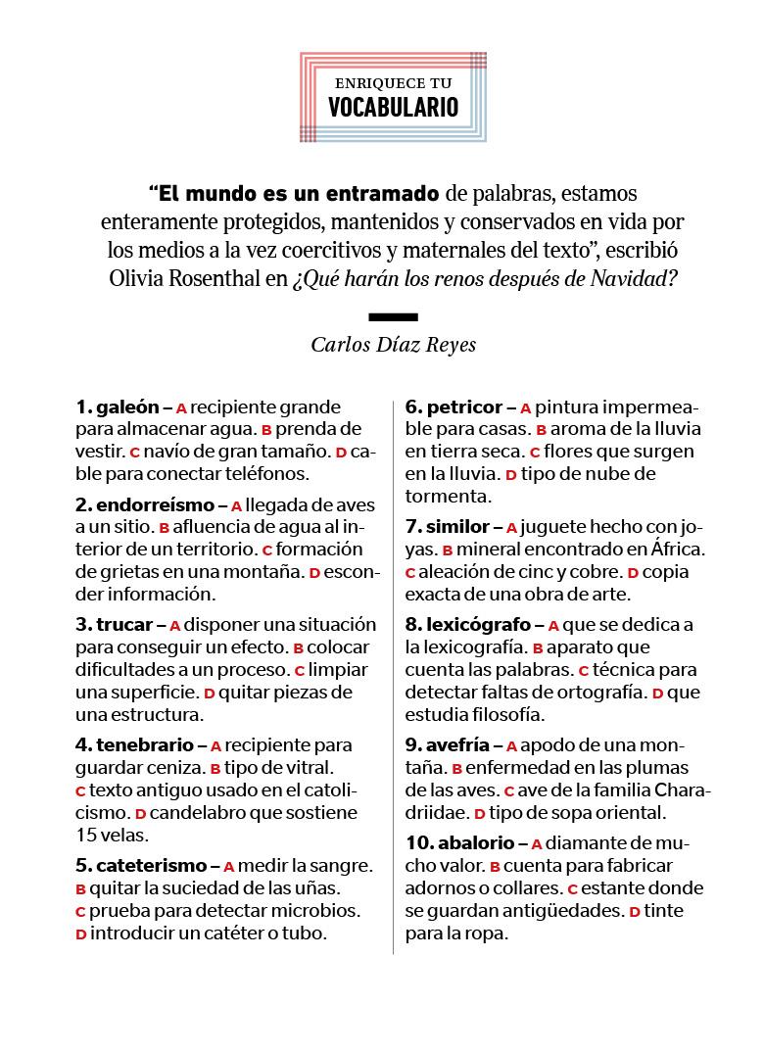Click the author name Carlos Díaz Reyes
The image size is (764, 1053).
(x=393, y=344)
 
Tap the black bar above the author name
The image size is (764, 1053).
(x=393, y=316)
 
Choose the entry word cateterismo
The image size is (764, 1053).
(x=151, y=866)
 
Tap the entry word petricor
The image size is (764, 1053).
(x=464, y=407)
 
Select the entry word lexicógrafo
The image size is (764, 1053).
(x=477, y=624)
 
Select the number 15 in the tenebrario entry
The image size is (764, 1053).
(x=86, y=835)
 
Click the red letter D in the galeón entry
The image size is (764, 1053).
(x=341, y=453)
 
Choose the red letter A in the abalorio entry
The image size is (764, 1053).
(x=536, y=843)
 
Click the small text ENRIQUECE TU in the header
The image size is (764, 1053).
(x=393, y=83)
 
